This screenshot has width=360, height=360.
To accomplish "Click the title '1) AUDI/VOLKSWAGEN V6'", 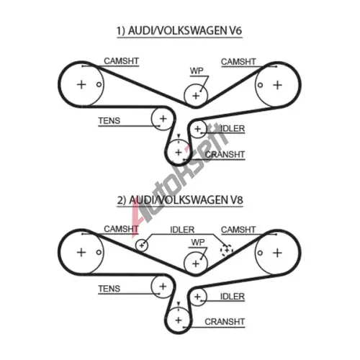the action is [179, 31].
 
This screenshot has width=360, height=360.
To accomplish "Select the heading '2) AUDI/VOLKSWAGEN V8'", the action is [180, 200].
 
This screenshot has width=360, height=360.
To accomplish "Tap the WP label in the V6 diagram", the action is [197, 71].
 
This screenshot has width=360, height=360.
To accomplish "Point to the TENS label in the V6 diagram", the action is [109, 120].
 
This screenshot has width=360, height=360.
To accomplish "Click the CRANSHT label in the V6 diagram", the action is [225, 155].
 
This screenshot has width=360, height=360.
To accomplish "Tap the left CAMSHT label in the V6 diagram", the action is [121, 61].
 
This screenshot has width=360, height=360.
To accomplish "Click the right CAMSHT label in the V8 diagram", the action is [238, 230].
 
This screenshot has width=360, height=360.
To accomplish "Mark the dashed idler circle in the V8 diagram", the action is [227, 251].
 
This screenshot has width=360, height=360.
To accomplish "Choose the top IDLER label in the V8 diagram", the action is [182, 230].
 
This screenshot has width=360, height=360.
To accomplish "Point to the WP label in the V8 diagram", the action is [198, 243].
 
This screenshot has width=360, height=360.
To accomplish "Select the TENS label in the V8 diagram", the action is [109, 289].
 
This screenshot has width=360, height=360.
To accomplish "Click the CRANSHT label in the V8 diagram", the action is [225, 322].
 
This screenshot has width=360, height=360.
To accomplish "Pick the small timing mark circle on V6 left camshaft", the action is [99, 84].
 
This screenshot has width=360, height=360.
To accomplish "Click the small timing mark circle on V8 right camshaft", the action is [260, 253].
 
